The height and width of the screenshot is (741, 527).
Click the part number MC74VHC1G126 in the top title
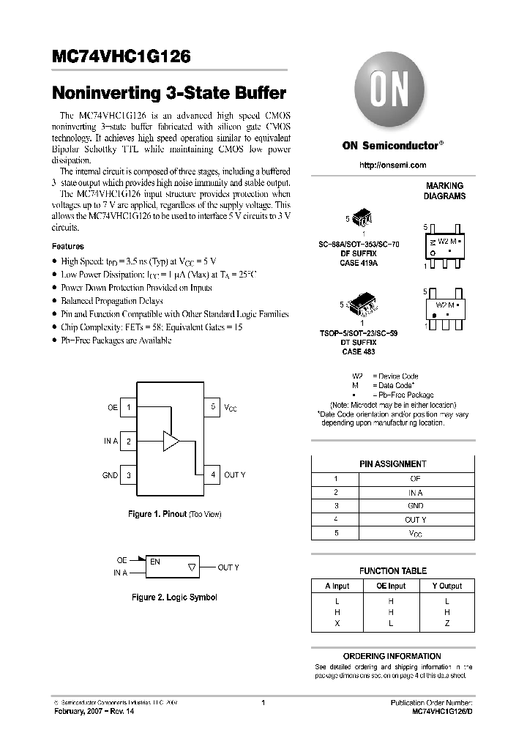point(122,56)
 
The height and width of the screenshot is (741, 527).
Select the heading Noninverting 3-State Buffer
point(169,94)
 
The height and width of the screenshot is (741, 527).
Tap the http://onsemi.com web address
point(392,165)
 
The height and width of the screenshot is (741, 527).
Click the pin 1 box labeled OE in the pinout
point(128,407)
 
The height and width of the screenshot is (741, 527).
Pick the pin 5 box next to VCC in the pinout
point(212,407)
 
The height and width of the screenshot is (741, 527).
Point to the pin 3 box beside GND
point(128,475)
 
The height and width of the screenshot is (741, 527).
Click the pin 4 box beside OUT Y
point(212,475)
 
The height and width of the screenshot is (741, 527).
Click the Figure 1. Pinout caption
point(174,514)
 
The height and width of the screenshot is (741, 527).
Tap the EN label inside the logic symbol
point(155,562)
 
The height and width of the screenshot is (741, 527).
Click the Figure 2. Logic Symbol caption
point(174,597)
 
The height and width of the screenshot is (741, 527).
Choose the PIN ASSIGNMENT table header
point(392,464)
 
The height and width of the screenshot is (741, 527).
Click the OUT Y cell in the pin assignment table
point(415,519)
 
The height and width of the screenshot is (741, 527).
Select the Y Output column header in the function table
point(446,586)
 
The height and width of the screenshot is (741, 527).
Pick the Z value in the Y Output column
point(446,623)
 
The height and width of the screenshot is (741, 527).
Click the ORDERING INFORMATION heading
point(392,656)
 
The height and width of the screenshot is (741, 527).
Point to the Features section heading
point(68,247)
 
